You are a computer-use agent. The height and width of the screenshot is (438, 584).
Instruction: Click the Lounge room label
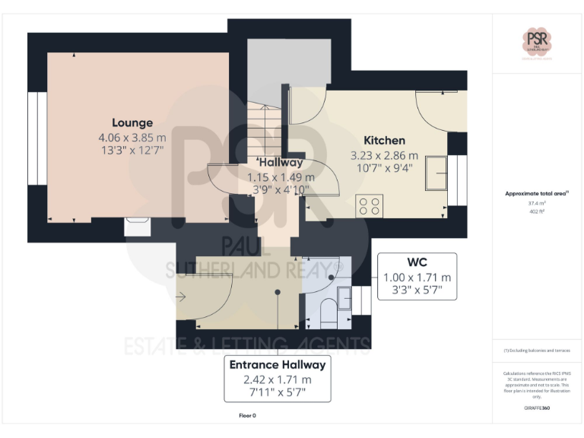(132, 122)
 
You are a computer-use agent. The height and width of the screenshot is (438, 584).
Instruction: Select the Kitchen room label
(384, 141)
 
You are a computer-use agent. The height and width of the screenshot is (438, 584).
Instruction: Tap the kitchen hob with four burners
(370, 205)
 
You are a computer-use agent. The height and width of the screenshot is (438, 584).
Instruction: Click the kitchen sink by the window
(436, 172)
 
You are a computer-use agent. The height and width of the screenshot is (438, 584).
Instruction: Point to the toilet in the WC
(329, 313)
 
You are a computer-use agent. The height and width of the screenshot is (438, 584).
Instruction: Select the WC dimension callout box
(417, 277)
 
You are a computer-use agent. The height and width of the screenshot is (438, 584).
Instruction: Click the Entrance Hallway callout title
(278, 365)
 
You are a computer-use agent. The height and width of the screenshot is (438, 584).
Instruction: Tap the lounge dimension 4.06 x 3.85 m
(132, 138)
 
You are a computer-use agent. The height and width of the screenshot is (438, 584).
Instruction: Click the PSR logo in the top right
(537, 41)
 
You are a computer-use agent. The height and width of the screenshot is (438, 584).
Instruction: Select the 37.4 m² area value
(537, 204)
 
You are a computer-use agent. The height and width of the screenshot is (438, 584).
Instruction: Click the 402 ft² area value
(537, 211)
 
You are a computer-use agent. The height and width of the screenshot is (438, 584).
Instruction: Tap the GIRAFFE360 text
(536, 408)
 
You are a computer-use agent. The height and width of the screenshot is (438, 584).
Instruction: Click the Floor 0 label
(247, 416)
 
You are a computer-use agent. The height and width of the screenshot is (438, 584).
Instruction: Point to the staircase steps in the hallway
(265, 129)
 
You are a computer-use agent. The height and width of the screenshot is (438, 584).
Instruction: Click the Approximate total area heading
(536, 194)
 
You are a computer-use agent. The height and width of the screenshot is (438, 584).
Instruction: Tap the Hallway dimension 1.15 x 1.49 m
(281, 176)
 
